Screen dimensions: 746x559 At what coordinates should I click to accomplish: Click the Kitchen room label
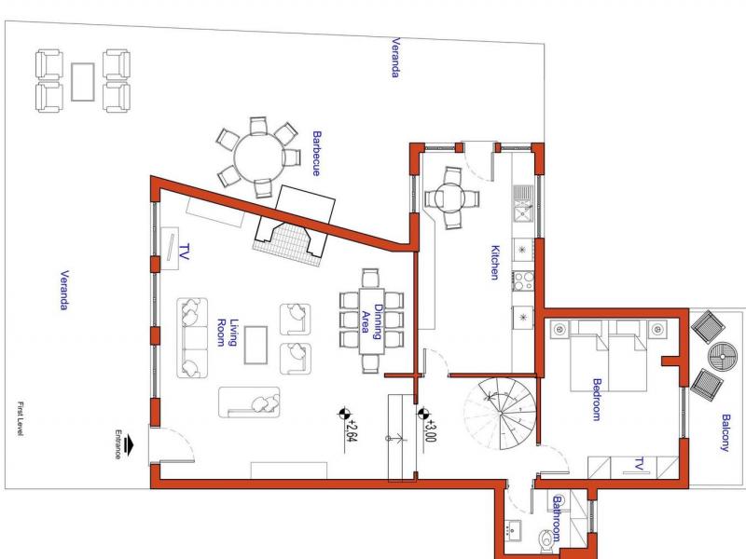[495, 263]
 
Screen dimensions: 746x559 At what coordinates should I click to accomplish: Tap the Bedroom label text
[597, 400]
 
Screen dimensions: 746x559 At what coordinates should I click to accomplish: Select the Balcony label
[725, 432]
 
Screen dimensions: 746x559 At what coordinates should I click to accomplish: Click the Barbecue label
[316, 154]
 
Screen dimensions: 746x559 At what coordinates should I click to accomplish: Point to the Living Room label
[228, 333]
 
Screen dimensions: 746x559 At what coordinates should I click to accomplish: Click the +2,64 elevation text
[352, 430]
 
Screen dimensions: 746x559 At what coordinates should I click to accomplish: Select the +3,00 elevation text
[430, 430]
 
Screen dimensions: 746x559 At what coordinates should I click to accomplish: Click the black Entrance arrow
[128, 446]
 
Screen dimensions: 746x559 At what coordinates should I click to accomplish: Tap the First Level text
[21, 418]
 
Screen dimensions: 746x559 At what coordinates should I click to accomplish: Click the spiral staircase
[501, 414]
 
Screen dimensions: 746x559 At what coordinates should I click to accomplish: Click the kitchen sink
[522, 203]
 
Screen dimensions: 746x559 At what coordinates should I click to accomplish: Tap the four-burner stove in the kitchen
[523, 281]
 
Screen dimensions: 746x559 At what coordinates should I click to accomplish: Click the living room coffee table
[256, 345]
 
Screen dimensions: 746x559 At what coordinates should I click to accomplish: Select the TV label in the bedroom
[639, 464]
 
